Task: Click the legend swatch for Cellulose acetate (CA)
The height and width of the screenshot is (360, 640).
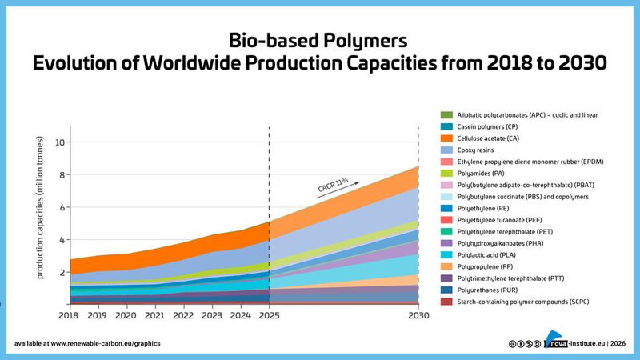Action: [446, 138]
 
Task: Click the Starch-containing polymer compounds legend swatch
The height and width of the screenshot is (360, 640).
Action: [446, 301]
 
